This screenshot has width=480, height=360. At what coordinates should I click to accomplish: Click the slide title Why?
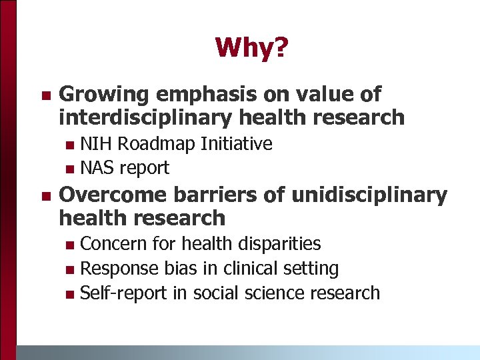point(251,47)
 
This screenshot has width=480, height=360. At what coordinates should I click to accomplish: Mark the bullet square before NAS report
point(71,169)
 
